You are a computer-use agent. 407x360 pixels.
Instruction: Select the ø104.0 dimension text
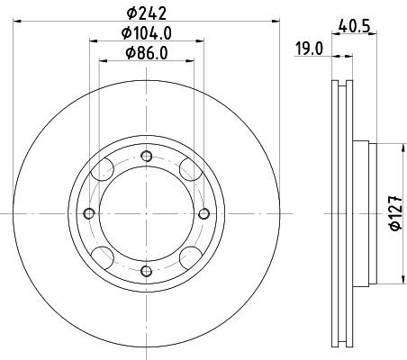pos(146,34)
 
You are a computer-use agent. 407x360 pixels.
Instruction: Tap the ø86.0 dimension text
pos(146,54)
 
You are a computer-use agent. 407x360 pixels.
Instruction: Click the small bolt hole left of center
pos(88,213)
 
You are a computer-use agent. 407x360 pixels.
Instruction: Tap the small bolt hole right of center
pos(203,213)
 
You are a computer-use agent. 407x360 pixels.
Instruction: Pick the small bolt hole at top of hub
pos(146,156)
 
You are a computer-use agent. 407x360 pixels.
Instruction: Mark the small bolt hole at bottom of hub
pos(146,271)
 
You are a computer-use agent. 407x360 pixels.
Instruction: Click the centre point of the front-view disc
pos(146,213)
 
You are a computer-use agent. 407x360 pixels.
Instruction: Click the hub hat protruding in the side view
pos(360,213)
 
